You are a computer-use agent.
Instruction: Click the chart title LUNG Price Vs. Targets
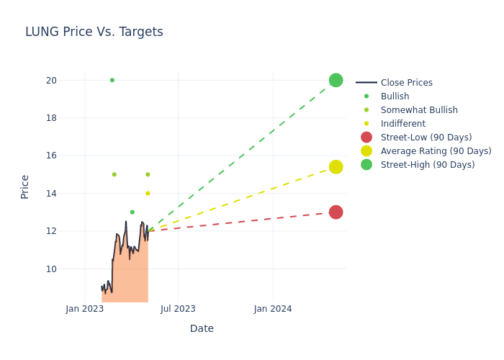coord(94,32)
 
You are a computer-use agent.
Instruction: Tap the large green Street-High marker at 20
coord(336,80)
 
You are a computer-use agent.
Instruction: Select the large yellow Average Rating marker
coord(336,167)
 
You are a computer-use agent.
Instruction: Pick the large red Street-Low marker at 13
coord(336,212)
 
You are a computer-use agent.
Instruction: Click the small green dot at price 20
coord(112,80)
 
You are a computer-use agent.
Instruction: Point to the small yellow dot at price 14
coord(148,193)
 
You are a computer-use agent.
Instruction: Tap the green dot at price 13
coord(132,212)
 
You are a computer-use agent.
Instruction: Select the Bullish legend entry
coord(395,96)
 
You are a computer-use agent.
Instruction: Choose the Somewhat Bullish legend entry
coord(419,110)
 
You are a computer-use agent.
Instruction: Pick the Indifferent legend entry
coord(402,124)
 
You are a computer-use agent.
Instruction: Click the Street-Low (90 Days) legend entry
coord(426,138)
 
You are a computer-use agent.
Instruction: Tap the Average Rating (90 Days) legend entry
coord(436,151)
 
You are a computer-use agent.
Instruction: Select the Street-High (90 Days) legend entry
coord(428,165)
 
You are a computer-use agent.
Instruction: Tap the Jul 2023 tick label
coord(178,309)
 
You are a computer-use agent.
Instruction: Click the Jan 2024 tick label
coord(273,309)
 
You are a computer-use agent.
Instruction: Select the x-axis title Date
coord(202,328)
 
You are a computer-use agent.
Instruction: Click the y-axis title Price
coord(25,186)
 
